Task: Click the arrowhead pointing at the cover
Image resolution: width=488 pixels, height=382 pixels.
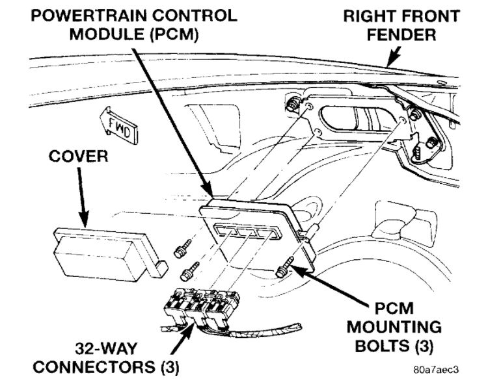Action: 85,224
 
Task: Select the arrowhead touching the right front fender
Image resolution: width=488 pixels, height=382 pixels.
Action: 388,62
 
